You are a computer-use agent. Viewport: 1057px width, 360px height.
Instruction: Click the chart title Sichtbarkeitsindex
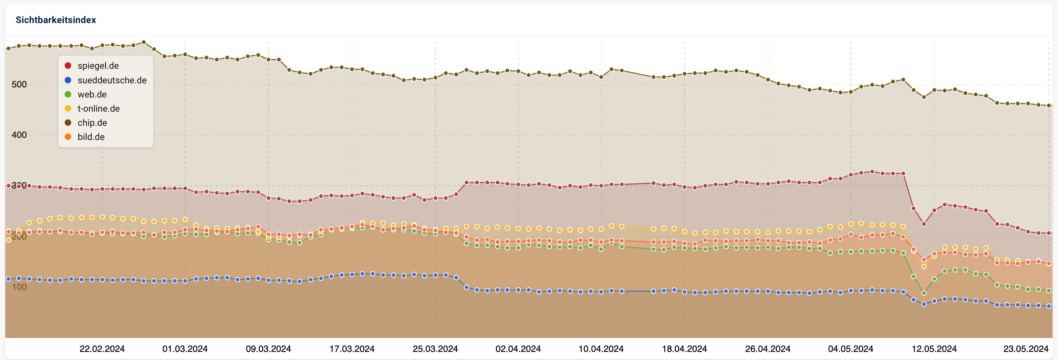pos(55,20)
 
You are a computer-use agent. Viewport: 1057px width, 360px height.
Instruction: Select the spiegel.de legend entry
pos(98,66)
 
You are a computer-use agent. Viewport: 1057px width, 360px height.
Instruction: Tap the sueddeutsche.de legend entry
pos(112,80)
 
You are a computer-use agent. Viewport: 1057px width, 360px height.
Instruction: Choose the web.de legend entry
pos(92,94)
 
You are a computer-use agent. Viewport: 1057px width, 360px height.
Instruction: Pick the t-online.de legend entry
pos(99,108)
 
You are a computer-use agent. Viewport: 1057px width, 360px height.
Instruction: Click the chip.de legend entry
pos(92,123)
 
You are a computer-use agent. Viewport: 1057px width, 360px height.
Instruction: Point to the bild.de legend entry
pos(91,137)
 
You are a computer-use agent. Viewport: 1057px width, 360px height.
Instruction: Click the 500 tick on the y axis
pos(19,84)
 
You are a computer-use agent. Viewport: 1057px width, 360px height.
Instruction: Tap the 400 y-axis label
pos(19,135)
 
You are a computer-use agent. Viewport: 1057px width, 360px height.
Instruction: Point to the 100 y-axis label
pos(19,287)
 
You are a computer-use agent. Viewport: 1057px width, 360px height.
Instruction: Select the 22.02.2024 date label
pos(102,349)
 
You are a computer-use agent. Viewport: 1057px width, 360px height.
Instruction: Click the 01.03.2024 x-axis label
pos(185,349)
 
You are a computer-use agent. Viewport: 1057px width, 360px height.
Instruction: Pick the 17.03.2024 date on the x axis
pos(352,349)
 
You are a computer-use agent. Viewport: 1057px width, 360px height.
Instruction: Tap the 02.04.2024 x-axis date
pos(518,349)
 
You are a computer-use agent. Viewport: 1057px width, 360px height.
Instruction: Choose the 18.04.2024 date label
pos(684,349)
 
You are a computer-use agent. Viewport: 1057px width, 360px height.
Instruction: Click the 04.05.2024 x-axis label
pos(850,349)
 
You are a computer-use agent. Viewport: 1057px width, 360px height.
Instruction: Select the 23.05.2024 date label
pos(1025,349)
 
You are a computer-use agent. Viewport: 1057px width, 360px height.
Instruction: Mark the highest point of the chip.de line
pos(144,42)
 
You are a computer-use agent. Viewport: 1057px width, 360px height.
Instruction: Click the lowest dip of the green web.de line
pos(924,294)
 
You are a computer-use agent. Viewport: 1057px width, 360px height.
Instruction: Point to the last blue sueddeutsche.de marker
pos(1049,306)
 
